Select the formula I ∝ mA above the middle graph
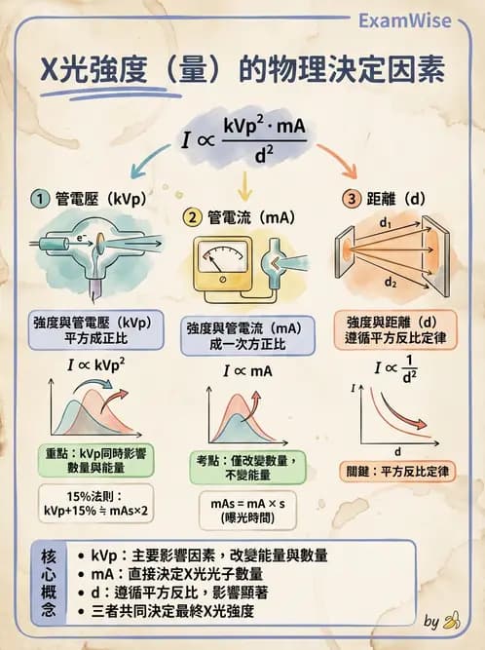tap(243, 371)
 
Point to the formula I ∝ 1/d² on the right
tap(396, 371)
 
